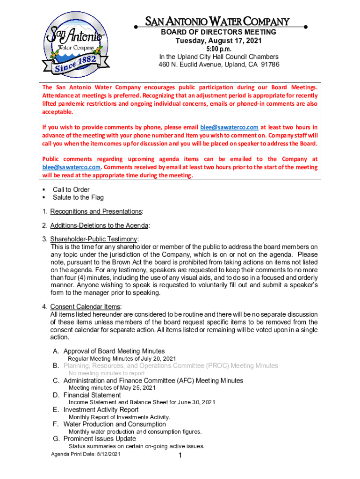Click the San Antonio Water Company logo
[x=73, y=49]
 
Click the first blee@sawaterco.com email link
[x=229, y=127]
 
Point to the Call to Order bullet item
[x=71, y=189]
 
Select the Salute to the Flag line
[x=78, y=197]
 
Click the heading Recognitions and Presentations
[x=96, y=211]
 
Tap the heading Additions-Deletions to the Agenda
[x=99, y=225]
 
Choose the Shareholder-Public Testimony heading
[x=94, y=239]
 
